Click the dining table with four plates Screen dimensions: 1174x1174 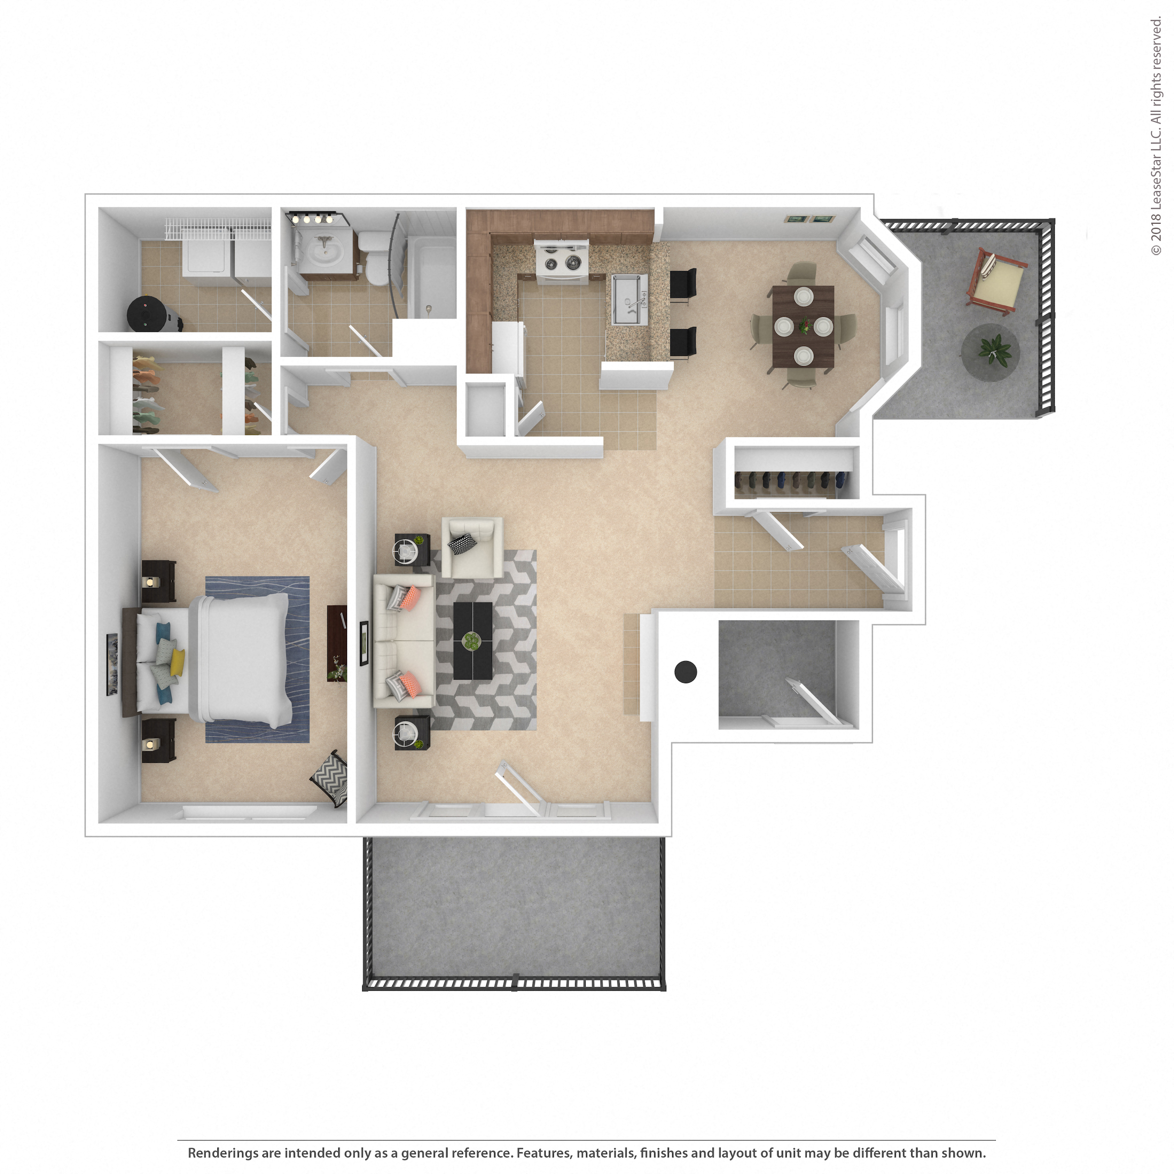pos(803,327)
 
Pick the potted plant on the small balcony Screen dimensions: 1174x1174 pos(994,351)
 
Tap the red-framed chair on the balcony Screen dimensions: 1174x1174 pos(997,281)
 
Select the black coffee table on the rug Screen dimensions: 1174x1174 pos(472,640)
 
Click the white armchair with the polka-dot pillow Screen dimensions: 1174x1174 pos(472,546)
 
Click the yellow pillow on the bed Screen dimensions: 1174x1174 pos(177,662)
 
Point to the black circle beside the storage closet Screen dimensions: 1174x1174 pos(686,671)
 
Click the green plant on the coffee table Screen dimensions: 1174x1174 pos(471,639)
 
